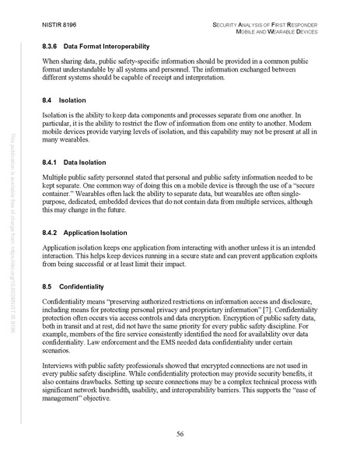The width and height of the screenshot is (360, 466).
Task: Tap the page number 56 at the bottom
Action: [179, 433]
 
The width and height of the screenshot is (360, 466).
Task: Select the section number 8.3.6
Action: [52, 46]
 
